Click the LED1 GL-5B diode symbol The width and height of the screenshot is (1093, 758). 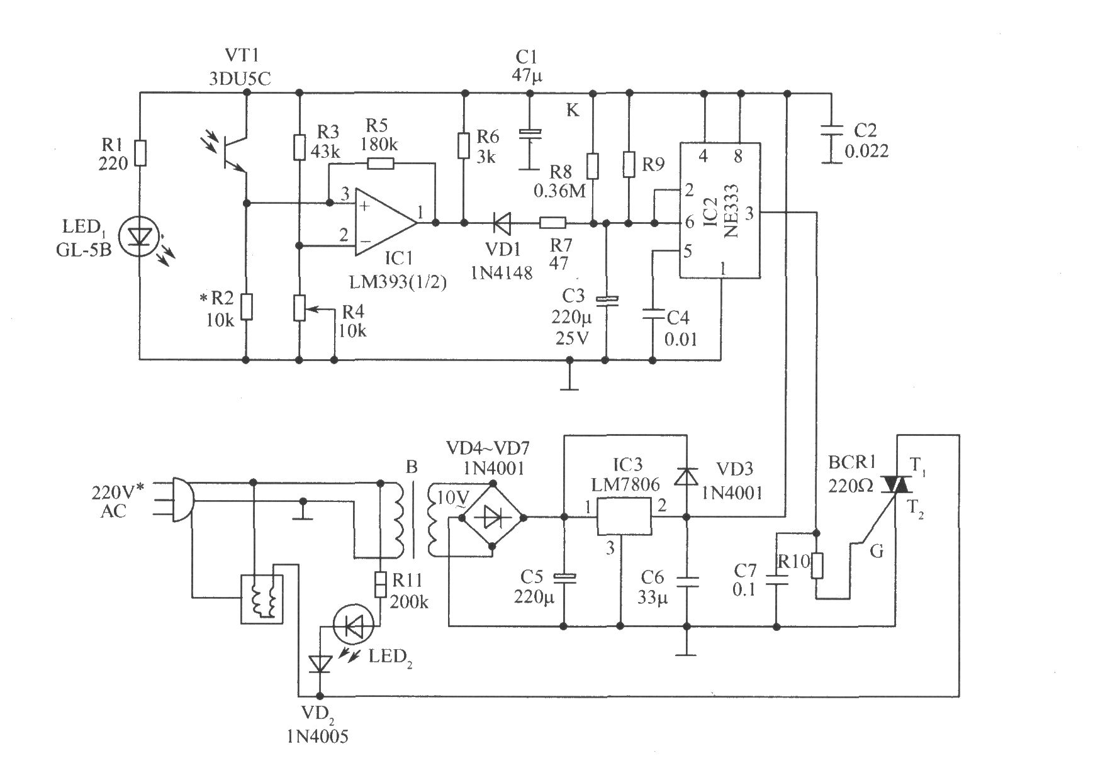pos(140,237)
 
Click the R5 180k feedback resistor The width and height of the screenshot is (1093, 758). pos(380,164)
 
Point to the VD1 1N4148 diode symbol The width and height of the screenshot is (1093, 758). pos(502,223)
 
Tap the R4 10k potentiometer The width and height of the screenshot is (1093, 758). pos(300,309)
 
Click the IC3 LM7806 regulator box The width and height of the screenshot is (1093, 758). pos(624,516)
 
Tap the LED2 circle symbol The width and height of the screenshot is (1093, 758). pos(354,625)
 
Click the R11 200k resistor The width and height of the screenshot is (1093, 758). pos(381,584)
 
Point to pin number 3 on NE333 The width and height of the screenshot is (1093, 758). pos(749,214)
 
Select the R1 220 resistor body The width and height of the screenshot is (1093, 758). pos(140,153)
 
